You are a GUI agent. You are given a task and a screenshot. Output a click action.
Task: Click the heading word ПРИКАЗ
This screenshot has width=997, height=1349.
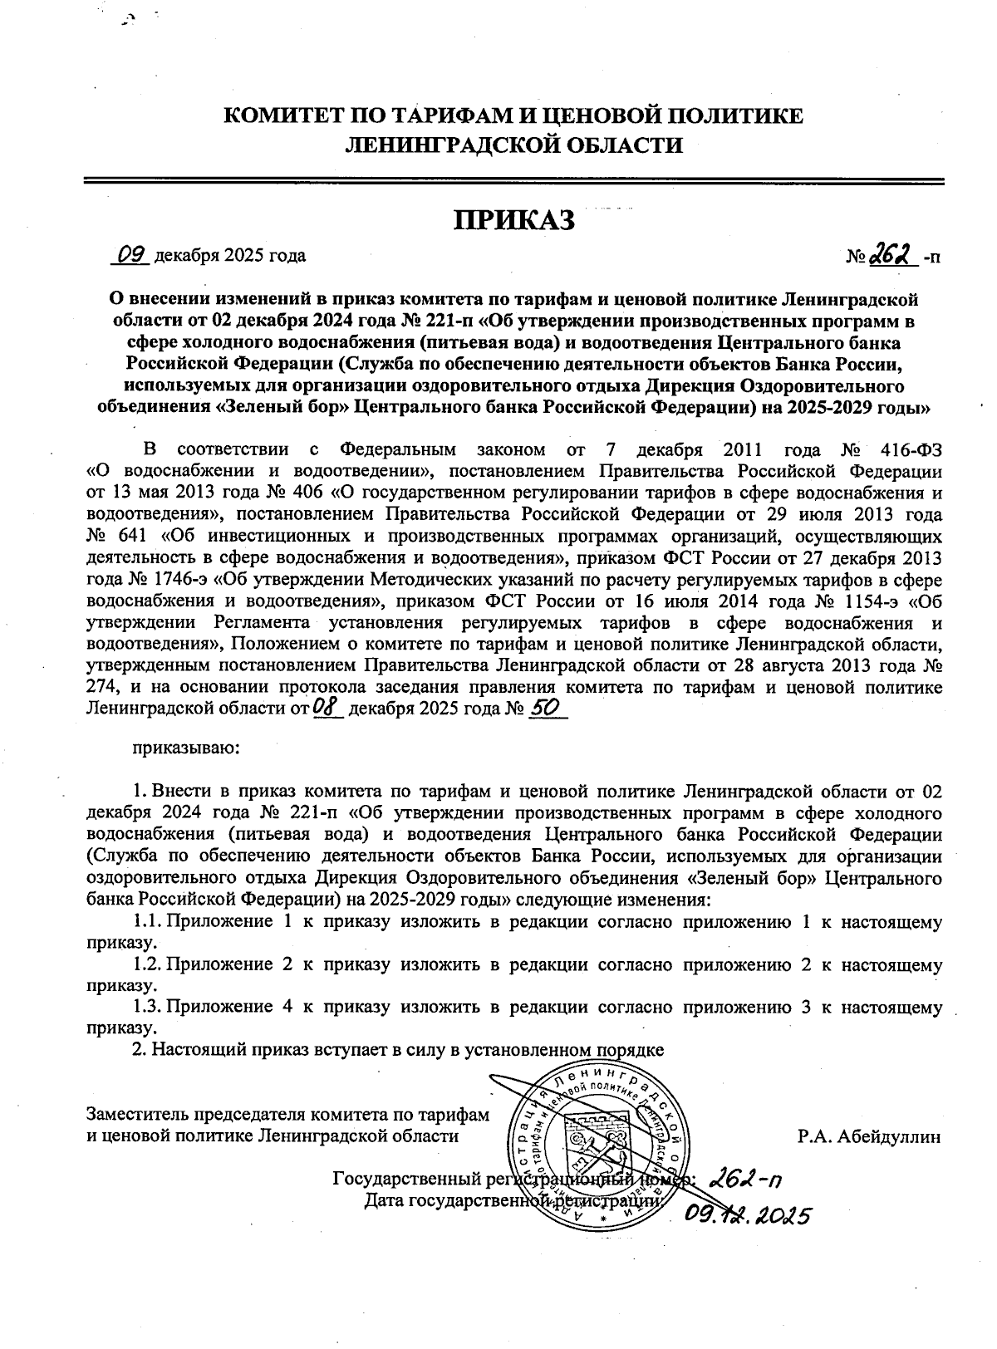click(x=513, y=220)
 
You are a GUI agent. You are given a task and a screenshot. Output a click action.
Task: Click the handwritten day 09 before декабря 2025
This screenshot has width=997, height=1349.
click(x=131, y=254)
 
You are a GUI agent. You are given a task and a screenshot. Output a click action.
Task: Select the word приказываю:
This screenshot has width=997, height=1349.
click(x=186, y=747)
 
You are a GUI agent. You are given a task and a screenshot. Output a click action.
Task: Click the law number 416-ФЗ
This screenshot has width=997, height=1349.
click(x=909, y=449)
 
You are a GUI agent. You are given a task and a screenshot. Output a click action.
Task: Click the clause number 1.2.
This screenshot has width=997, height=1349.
click(x=147, y=964)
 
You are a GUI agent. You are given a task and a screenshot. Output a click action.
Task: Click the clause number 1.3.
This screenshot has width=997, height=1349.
click(x=147, y=1008)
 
